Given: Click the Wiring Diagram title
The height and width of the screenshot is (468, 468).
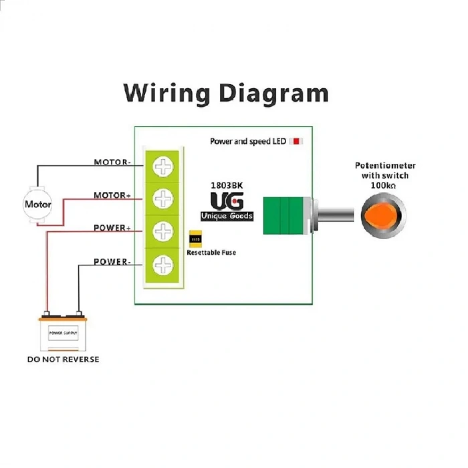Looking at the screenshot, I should pos(226,92).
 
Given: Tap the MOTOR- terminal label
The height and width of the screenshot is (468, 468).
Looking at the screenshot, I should pos(112,162).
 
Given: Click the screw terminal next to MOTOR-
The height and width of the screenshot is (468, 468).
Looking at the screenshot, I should pos(162,166).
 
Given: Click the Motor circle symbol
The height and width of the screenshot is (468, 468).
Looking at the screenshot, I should pos(37,203).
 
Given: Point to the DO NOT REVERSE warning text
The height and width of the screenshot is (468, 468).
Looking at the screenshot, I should pos(63,360).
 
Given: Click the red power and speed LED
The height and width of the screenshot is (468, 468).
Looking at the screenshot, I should pos(298,141).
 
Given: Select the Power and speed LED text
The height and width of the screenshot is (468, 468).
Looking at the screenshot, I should pos(248,142).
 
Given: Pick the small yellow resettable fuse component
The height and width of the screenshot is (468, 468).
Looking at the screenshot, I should pos(196,239).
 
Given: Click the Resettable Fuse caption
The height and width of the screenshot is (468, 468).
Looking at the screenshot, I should pos(211,253).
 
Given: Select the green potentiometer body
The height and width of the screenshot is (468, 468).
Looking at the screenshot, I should pos(285,215).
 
